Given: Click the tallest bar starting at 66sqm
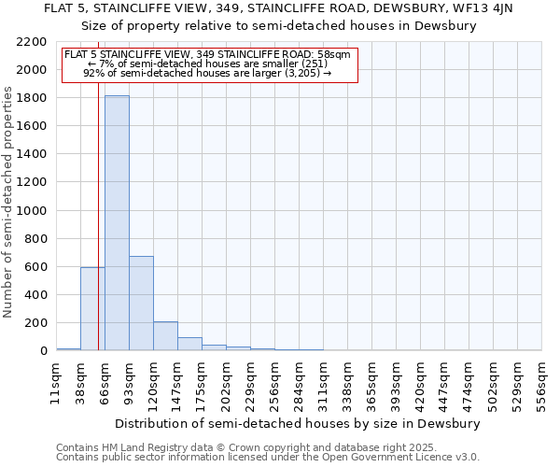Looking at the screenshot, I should [117, 223].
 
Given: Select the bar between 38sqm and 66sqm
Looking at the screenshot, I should [92, 309].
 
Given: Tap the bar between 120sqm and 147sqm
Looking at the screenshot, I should [165, 336].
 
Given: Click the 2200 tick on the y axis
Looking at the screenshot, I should [33, 42].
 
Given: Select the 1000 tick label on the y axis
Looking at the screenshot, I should [33, 211].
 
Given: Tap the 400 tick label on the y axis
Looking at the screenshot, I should [36, 295].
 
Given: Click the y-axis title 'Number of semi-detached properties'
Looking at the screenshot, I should [8, 202].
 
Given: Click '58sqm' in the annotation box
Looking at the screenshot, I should [333, 55].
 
